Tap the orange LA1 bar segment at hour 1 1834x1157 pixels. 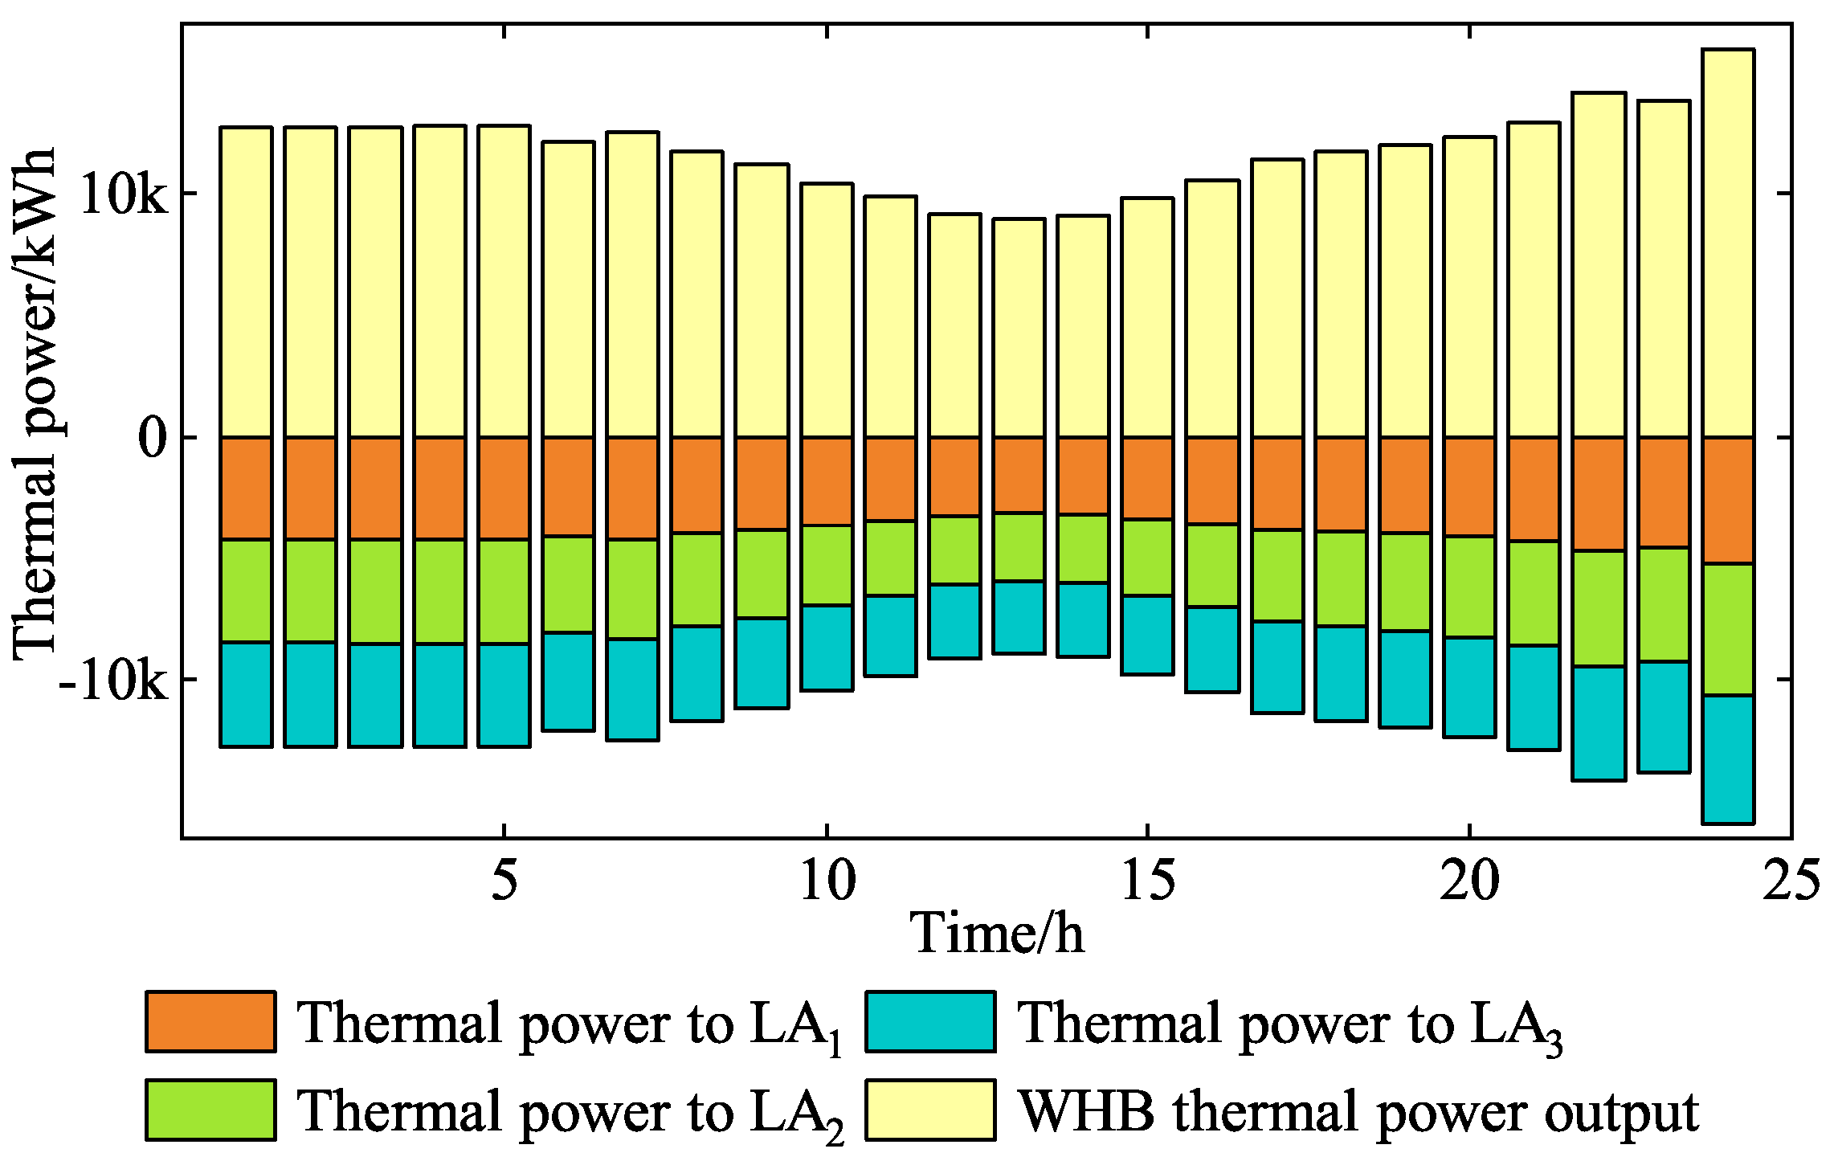[246, 488]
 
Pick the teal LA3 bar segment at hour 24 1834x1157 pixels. [1728, 759]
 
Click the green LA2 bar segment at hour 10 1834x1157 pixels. [827, 565]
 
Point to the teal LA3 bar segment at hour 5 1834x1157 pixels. [504, 695]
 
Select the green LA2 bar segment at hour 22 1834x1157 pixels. [1599, 608]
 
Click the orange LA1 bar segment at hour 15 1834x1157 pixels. [1147, 478]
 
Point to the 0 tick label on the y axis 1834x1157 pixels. [153, 438]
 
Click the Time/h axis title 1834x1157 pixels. [996, 934]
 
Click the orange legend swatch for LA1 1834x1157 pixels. [210, 1022]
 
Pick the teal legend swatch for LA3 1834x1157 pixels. [930, 1022]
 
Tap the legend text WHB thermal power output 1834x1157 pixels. [1358, 1112]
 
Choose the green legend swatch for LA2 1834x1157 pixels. [210, 1110]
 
